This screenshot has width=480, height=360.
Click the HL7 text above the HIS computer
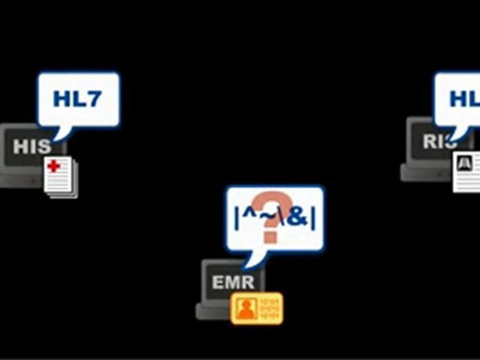click(x=77, y=99)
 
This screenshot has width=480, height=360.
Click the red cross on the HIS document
click(x=53, y=166)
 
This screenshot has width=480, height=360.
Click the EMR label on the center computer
click(x=233, y=282)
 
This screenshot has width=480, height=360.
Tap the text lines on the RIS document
click(x=468, y=180)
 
